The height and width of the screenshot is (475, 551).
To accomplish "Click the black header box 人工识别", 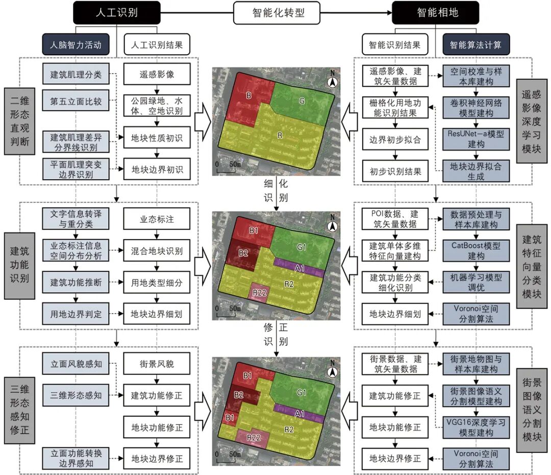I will coord(117,13).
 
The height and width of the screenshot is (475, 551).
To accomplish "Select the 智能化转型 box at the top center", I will coord(278,13).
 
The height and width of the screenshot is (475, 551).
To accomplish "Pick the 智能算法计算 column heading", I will coord(476,44).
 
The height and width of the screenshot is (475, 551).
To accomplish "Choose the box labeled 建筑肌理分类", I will coord(76,75).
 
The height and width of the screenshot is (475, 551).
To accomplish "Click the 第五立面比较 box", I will coord(76,101).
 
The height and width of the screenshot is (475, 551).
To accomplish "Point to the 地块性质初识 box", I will coord(157,138).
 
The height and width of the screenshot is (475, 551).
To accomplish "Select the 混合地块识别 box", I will coord(157,251).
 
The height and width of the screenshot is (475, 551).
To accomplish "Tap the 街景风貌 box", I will coord(157,364).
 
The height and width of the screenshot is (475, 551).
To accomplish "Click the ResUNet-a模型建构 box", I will coord(476,138).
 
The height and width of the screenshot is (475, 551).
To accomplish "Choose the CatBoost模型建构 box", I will coord(476,250).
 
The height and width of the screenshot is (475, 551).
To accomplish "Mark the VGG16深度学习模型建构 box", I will coord(476,427).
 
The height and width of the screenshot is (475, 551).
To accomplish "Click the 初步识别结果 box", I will coord(395,172).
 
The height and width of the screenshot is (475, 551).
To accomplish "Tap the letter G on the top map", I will coord(302,101).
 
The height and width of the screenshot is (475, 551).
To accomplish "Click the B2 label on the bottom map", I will coord(238,395).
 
